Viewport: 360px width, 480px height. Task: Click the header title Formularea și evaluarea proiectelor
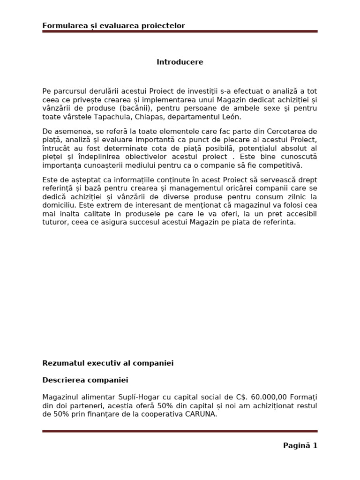[113, 26]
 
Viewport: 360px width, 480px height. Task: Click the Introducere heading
[180, 62]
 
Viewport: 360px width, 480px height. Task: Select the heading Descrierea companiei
[85, 380]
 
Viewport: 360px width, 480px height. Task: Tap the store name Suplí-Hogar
[130, 397]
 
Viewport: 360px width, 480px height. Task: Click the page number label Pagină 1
[300, 446]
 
